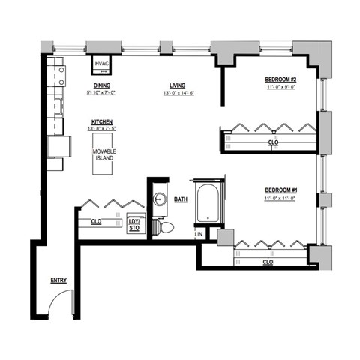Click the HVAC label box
[103, 64]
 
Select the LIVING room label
[178, 85]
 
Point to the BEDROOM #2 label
[281, 79]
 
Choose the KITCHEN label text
[103, 121]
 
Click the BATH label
[181, 199]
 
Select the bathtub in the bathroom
[206, 202]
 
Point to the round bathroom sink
[160, 199]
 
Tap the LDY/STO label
[135, 224]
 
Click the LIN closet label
[199, 235]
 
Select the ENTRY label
[58, 280]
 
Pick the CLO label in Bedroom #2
[273, 142]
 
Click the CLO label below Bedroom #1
[268, 262]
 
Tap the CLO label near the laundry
[96, 222]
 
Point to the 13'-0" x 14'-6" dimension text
[178, 93]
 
